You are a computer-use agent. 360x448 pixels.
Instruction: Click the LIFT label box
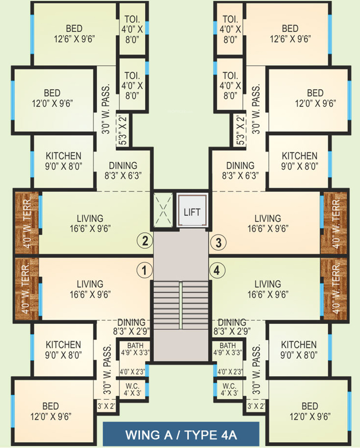pos(192,211)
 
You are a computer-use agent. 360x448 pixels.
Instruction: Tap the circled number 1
pos(144,269)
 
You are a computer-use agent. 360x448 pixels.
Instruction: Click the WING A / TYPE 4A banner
pos(181,435)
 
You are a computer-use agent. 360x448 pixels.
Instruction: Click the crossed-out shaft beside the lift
pos(163,210)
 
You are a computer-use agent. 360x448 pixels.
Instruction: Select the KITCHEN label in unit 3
pos(299,161)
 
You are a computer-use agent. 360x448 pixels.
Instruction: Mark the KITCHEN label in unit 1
pos(64,349)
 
